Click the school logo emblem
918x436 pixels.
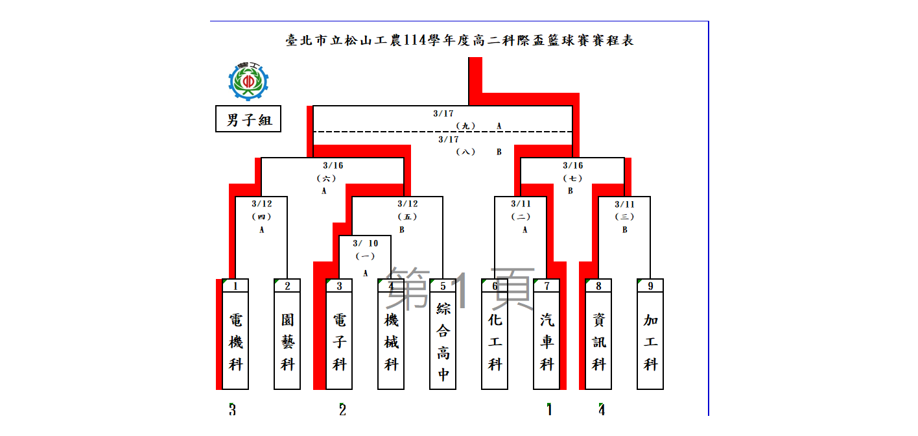pos(248,81)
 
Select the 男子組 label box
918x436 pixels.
pos(248,119)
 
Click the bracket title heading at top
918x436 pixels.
pos(459,41)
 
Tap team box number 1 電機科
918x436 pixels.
pos(235,334)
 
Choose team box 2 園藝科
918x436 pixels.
pos(287,334)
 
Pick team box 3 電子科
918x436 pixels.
pos(339,334)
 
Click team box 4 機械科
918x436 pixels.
pos(391,334)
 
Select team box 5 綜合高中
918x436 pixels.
pos(443,334)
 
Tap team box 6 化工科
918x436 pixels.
pos(495,334)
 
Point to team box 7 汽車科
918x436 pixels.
pos(547,334)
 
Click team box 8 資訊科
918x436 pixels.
pos(598,334)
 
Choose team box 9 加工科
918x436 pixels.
pos(650,334)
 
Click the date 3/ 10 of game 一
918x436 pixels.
pos(365,243)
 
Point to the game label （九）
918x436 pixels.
pos(465,126)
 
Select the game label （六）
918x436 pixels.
pos(326,178)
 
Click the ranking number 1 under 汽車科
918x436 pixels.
pos(549,409)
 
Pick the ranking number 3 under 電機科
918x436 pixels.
pos(232,409)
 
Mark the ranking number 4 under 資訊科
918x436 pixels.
pos(602,409)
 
